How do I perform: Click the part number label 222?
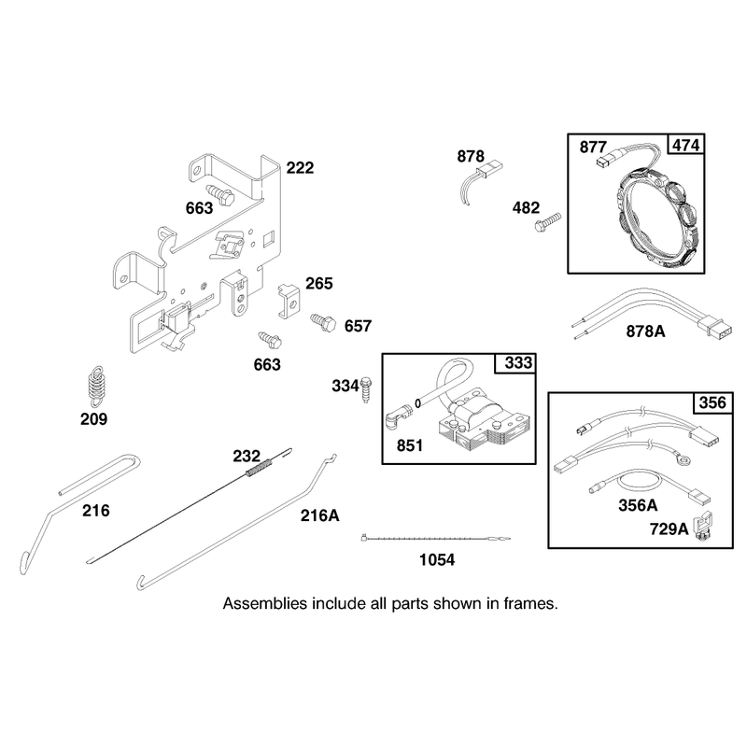pyautogui.click(x=300, y=168)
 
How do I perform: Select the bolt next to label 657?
pyautogui.click(x=323, y=321)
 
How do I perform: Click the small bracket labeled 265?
pyautogui.click(x=289, y=301)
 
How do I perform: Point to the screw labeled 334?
pyautogui.click(x=366, y=389)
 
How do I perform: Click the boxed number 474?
pyautogui.click(x=686, y=145)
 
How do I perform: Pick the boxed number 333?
pyautogui.click(x=518, y=363)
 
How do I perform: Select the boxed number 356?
pyautogui.click(x=712, y=402)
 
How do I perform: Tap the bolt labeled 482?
pyautogui.click(x=548, y=222)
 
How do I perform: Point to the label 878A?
pyautogui.click(x=645, y=331)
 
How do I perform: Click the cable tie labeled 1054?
pyautogui.click(x=435, y=539)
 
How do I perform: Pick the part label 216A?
pyautogui.click(x=319, y=515)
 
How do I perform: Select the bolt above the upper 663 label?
pyautogui.click(x=220, y=194)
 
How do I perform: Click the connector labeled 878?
pyautogui.click(x=493, y=169)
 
